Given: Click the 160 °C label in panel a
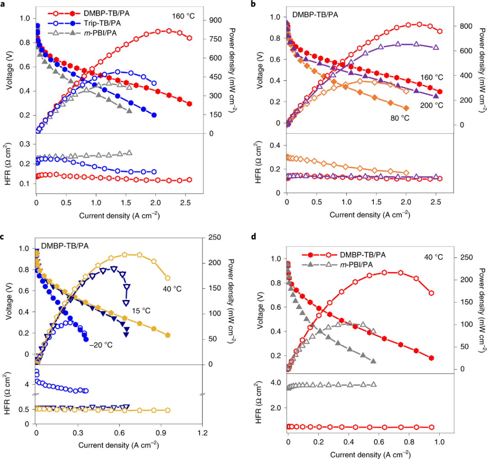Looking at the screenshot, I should click(183, 16).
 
